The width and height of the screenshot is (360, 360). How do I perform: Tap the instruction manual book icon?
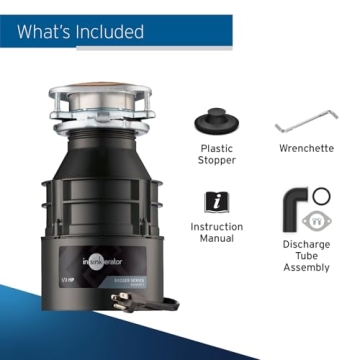[216, 201]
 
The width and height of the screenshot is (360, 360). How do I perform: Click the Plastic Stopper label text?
[217, 154]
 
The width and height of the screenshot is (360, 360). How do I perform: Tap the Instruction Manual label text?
[217, 234]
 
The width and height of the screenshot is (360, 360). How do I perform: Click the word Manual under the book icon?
[217, 241]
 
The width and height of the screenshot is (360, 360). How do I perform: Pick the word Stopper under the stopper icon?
[217, 161]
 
